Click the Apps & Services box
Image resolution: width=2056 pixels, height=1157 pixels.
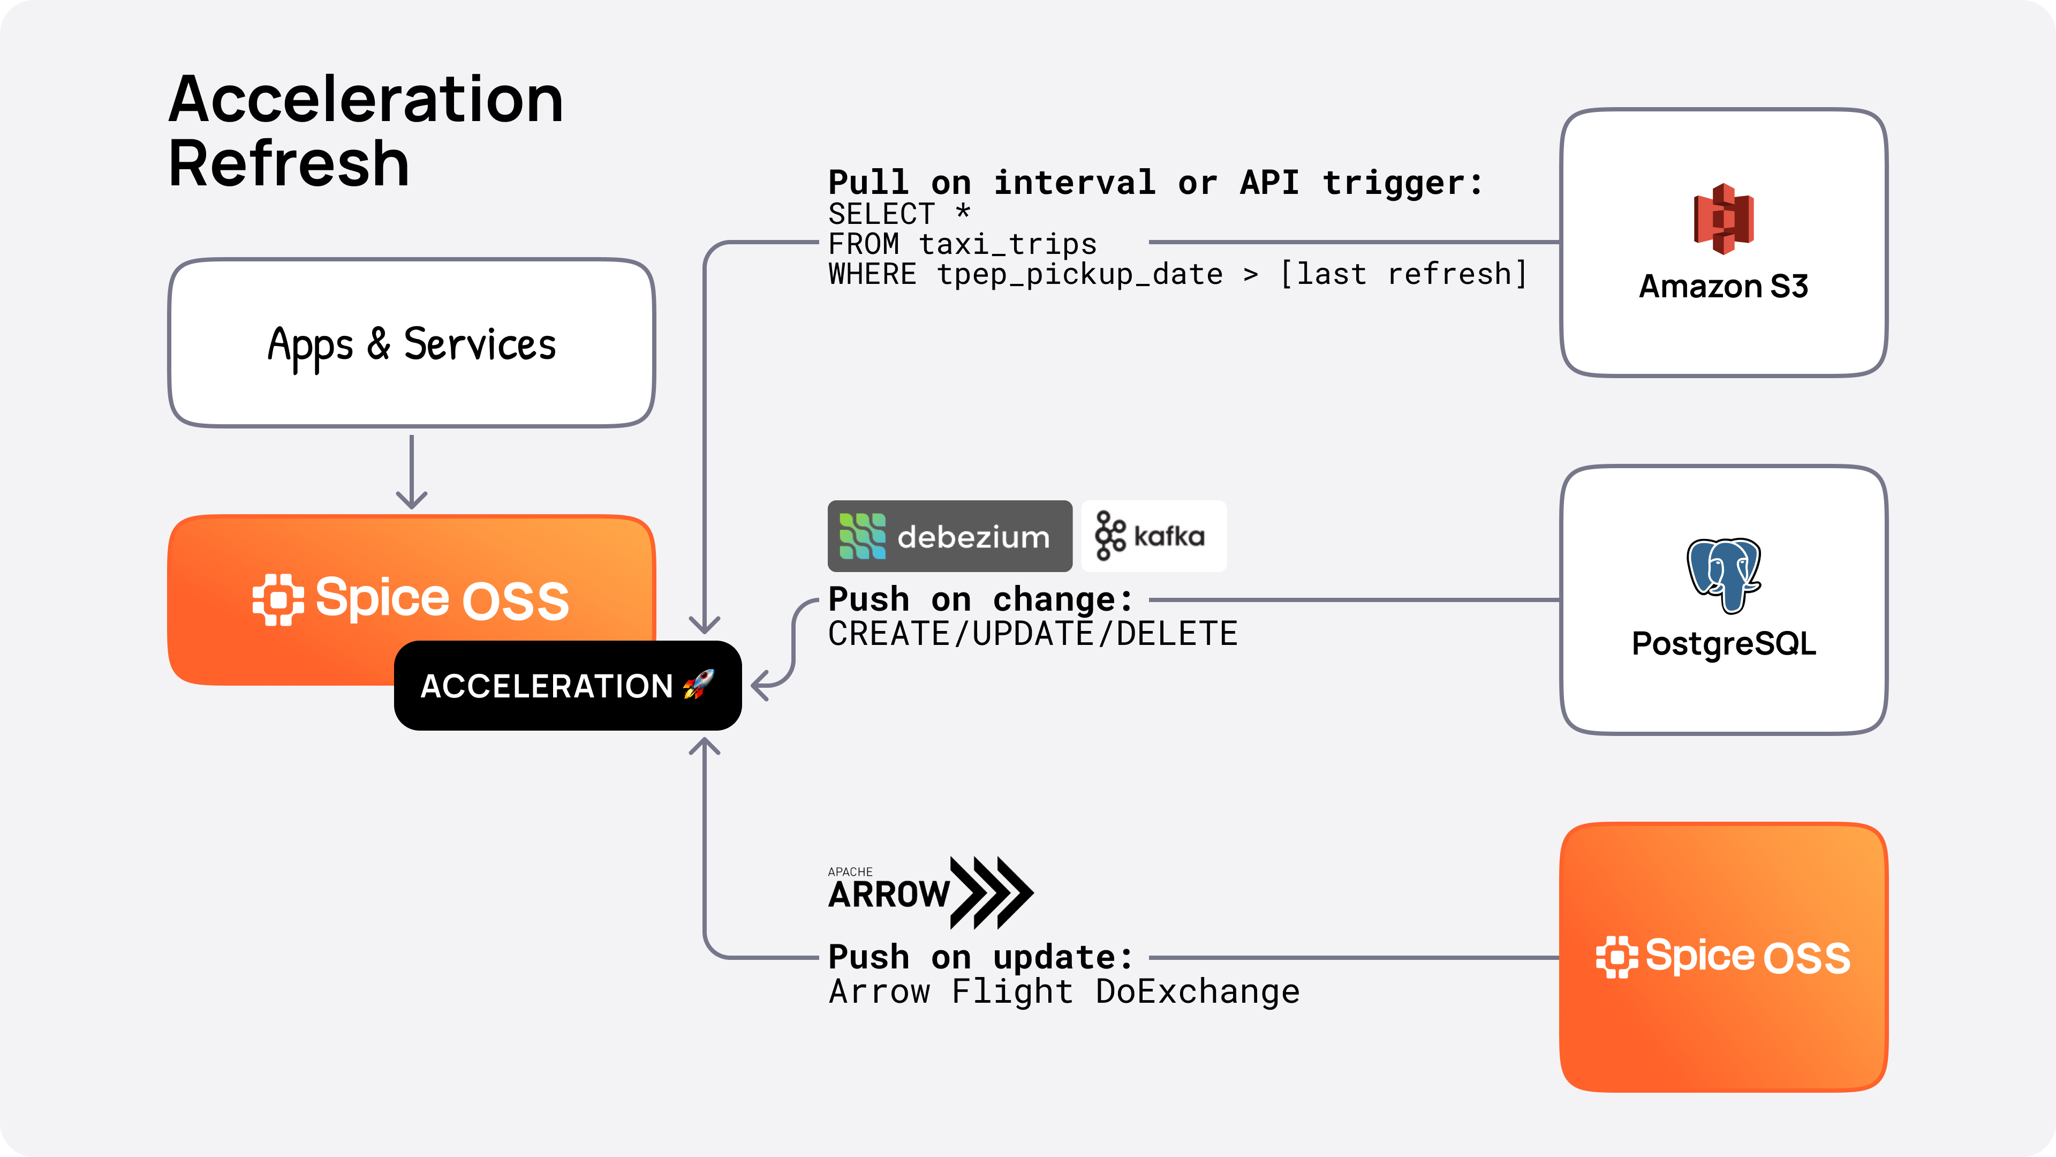click(x=411, y=343)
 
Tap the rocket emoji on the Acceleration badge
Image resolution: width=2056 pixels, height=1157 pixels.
click(x=698, y=685)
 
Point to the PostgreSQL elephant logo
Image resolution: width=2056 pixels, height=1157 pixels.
click(x=1723, y=574)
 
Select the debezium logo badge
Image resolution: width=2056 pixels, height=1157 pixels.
click(x=949, y=536)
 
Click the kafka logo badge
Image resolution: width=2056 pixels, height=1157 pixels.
click(x=1153, y=536)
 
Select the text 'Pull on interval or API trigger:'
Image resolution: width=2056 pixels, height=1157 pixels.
click(x=1155, y=183)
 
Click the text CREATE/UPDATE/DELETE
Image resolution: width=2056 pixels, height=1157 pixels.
click(x=1032, y=634)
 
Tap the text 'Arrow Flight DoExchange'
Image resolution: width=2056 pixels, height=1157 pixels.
click(x=1064, y=991)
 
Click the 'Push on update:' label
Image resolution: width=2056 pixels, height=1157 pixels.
click(x=980, y=957)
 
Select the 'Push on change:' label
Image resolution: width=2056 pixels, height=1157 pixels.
click(x=980, y=599)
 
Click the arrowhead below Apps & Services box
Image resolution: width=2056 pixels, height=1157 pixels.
click(x=411, y=499)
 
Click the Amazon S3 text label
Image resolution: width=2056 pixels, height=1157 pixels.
click(x=1723, y=286)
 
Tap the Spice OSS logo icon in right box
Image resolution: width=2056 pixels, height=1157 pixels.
click(x=1616, y=957)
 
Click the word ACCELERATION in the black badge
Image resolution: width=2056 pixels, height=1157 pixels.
click(x=547, y=686)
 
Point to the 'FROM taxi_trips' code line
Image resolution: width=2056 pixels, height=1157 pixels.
click(x=962, y=244)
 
